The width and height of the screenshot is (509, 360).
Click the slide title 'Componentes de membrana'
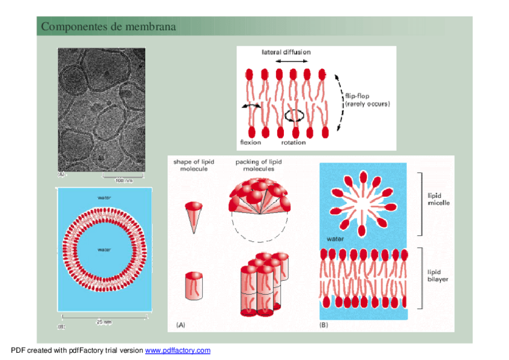[108, 27]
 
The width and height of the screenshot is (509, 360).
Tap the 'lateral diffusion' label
[286, 52]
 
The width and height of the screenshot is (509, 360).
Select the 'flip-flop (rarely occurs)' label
[367, 100]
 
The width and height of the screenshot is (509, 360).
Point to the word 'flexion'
[251, 142]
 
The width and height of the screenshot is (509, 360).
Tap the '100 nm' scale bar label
[124, 180]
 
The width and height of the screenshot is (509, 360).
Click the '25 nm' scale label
[104, 322]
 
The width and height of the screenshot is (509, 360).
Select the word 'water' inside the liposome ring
[104, 249]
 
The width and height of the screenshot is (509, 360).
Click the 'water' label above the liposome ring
[104, 197]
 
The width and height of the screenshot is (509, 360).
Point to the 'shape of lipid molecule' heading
[191, 166]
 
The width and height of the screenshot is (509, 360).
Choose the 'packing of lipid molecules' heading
[258, 166]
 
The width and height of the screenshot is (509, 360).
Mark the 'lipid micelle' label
[438, 199]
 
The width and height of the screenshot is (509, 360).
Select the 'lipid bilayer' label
[438, 276]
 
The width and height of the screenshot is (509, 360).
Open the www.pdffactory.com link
[178, 350]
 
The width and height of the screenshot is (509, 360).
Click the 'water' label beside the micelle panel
[335, 239]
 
